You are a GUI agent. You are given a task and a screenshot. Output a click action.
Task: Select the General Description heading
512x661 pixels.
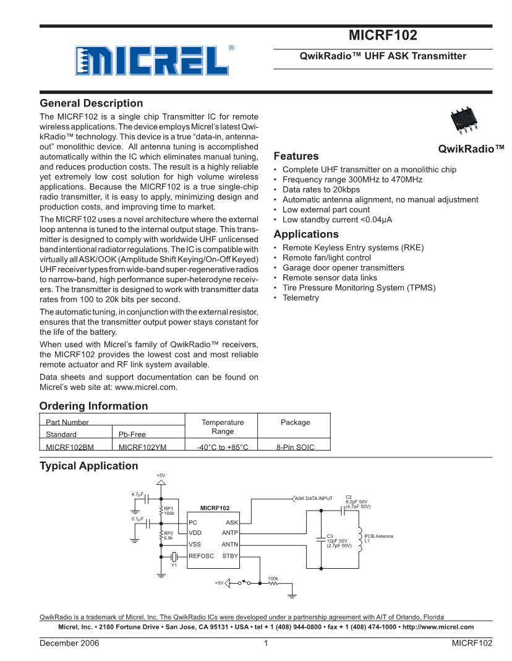click(91, 103)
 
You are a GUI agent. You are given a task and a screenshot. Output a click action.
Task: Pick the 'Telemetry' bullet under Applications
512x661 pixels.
click(301, 298)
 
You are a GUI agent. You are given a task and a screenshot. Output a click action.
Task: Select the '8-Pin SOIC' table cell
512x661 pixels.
click(295, 446)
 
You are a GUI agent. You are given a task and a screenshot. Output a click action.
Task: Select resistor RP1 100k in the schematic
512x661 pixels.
click(161, 510)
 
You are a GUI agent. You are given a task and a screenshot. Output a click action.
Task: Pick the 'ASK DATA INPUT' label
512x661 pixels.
click(314, 498)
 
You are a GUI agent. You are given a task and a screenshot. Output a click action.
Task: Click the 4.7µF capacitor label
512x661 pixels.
click(138, 494)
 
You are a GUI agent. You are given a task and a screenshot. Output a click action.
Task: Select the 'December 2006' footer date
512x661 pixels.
click(69, 643)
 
